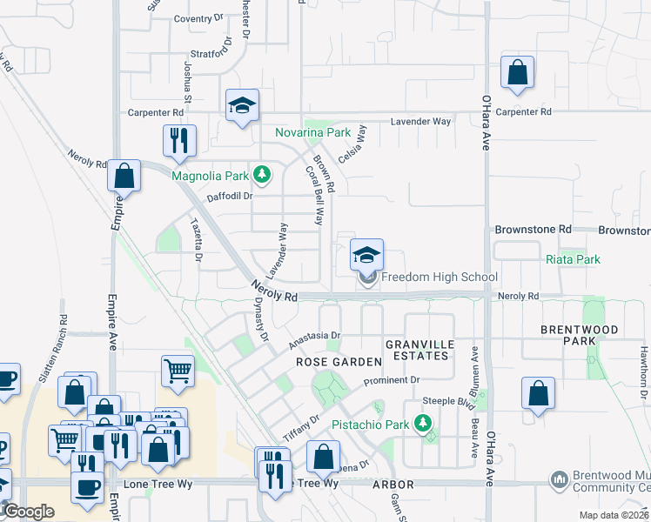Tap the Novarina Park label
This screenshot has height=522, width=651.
click(312, 133)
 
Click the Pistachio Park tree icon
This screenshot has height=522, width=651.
click(423, 425)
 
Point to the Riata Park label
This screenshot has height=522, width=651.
click(573, 259)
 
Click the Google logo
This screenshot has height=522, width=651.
click(29, 512)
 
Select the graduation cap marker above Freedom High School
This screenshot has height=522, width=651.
click(366, 255)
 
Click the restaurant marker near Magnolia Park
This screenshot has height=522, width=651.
click(179, 142)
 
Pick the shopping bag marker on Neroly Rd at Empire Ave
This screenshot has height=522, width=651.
click(124, 176)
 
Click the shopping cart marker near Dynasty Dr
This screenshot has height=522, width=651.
click(178, 371)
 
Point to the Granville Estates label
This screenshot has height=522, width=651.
click(420, 351)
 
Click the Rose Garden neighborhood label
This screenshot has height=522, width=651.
click(339, 361)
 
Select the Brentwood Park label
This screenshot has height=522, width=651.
click(580, 336)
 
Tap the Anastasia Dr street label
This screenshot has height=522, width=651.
click(313, 338)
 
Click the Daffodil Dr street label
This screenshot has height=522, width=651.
click(229, 197)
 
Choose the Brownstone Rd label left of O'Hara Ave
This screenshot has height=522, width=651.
click(533, 230)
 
